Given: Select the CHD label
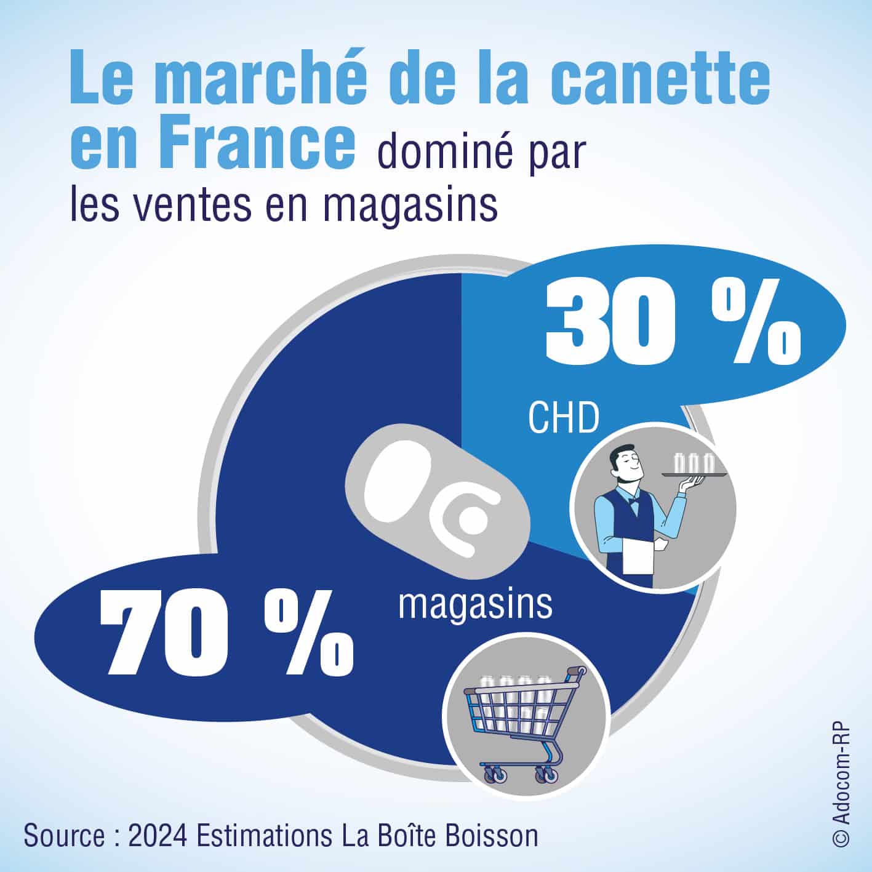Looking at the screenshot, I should click(x=563, y=419).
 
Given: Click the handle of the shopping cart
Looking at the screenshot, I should click(x=577, y=672).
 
